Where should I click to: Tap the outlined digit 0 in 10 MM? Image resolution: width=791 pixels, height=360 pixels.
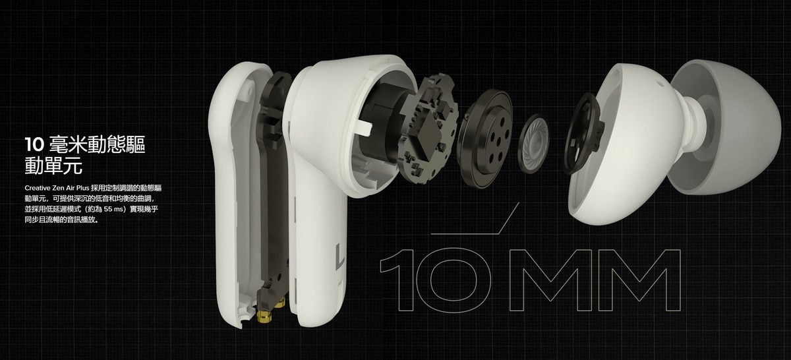click(x=453, y=280)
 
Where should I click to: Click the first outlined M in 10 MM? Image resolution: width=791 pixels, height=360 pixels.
click(x=550, y=280)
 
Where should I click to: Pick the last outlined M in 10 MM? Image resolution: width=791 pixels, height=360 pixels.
click(x=639, y=280)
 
